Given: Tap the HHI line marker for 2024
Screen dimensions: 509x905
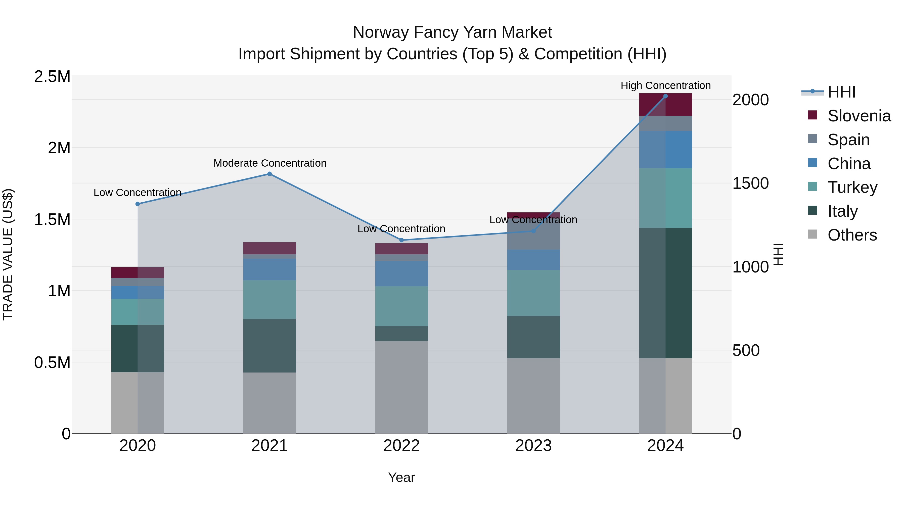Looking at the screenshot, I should pos(665,96).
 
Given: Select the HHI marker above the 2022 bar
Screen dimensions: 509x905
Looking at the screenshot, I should pos(401,240).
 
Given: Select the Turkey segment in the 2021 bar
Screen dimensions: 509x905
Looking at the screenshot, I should pos(269,300).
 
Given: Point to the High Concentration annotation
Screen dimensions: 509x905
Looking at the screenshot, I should pos(665,86).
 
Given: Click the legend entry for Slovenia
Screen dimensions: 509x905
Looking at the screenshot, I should pos(859,116).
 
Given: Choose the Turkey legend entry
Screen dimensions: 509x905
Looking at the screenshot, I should pos(852,187).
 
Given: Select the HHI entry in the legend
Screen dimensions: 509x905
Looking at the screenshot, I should pos(841,92).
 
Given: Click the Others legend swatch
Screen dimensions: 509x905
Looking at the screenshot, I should pos(812,234).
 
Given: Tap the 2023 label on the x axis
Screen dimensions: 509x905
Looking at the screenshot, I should pos(533,446).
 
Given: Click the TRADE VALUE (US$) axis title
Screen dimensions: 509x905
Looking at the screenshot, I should pos(8,254).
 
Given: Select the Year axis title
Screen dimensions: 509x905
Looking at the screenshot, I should pos(401,477).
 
